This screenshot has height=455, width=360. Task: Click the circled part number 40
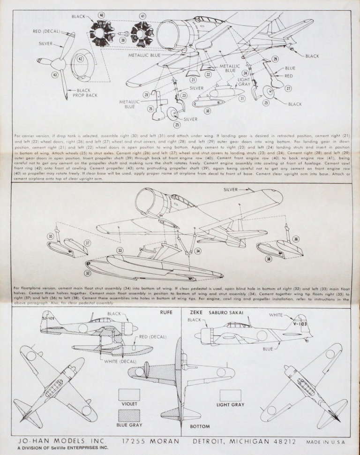pos(101,15)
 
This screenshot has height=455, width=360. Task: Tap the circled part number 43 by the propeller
pos(55,75)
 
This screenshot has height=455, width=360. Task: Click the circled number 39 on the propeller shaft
pos(123,41)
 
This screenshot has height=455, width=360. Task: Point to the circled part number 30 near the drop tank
pos(207,111)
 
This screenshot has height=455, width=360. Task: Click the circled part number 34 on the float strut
pos(198,251)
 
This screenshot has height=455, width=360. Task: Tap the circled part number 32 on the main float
pos(88,272)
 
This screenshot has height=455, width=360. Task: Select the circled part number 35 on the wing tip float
pos(51,236)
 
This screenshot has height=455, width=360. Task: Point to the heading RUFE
pos(166,312)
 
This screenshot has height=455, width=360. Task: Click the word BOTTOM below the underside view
pos(200,427)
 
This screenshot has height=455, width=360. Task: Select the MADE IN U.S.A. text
pos(325,442)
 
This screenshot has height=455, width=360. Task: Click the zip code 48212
pos(284,441)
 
